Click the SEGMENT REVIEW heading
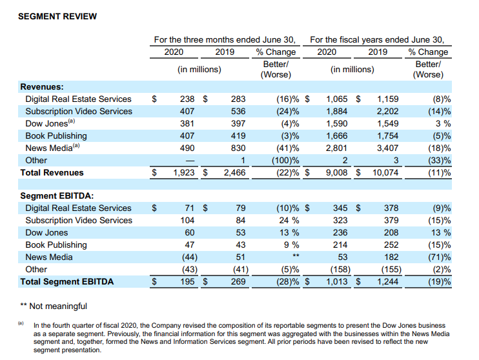tap(57, 16)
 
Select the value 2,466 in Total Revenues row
tap(225, 172)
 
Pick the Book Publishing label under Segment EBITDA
tap(56, 245)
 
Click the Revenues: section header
tap(42, 86)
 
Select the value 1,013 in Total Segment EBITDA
tap(337, 281)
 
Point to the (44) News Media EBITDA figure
tap(187, 257)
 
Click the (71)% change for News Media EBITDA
tap(438, 257)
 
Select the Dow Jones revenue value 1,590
tap(337, 123)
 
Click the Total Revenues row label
tap(52, 172)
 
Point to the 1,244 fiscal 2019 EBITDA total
tap(385, 281)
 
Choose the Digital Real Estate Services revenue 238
tap(187, 99)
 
